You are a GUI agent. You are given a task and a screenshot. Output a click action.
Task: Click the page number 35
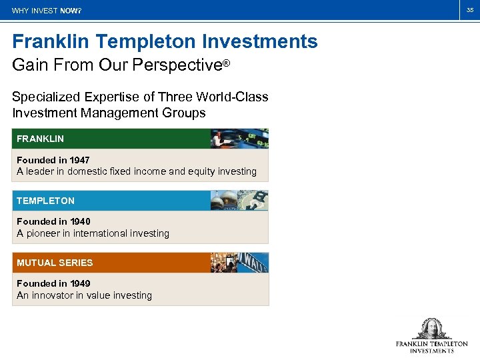[469, 10]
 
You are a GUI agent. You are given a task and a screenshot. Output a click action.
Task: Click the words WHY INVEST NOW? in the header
[47, 11]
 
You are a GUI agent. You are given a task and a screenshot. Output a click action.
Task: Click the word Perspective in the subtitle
[179, 66]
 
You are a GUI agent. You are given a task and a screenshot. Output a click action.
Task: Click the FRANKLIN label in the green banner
[40, 139]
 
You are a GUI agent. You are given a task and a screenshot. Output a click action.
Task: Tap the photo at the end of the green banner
[239, 139]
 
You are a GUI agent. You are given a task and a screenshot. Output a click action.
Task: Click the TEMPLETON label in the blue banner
[45, 201]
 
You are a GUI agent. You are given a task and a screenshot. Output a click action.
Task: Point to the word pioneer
[46, 233]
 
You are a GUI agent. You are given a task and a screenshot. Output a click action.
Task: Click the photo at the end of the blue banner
[239, 201]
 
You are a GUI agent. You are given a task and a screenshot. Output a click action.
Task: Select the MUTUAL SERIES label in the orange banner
[55, 263]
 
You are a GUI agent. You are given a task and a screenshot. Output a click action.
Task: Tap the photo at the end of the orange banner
[239, 263]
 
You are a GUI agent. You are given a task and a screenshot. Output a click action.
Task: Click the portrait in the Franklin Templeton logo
[431, 329]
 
